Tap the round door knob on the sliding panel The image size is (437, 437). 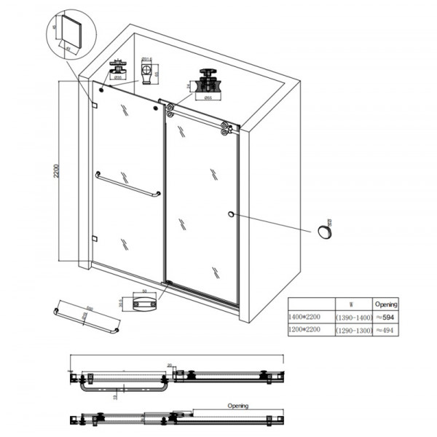pos(231,214)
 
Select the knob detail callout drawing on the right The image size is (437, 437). pos(325,232)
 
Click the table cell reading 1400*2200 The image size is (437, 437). pos(309,318)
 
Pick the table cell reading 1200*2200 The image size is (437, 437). pos(309,330)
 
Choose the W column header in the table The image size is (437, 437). pos(353,304)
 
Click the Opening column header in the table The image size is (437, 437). pos(385,304)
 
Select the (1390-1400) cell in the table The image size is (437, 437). pos(353,318)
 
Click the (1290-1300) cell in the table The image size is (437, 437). pos(353,330)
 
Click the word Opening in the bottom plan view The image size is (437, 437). pos(237,406)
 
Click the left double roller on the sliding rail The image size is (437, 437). pos(170,111)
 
